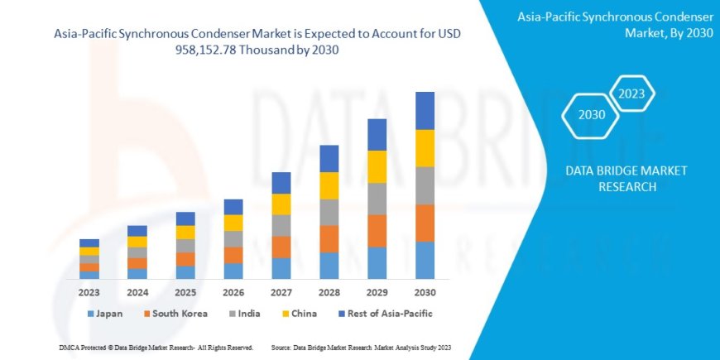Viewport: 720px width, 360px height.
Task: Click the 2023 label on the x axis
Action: click(89, 292)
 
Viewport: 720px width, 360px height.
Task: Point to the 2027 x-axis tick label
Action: click(281, 292)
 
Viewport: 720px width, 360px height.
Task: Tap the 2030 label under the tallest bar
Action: click(425, 292)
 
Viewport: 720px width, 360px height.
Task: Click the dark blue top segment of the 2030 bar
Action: click(425, 110)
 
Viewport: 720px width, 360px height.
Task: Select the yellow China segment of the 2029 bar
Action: click(377, 166)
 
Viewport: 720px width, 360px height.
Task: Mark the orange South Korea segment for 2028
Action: click(329, 238)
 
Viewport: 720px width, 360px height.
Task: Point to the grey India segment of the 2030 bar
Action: click(425, 185)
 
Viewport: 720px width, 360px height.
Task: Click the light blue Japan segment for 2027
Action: click(281, 268)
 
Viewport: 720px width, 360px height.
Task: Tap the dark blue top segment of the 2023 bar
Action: click(89, 242)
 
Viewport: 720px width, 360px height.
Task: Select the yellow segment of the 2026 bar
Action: click(233, 223)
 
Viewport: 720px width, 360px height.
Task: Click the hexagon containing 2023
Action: click(631, 93)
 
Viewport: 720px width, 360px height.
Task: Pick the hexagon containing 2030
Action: click(592, 114)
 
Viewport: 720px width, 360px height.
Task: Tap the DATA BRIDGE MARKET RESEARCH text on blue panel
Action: click(626, 178)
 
